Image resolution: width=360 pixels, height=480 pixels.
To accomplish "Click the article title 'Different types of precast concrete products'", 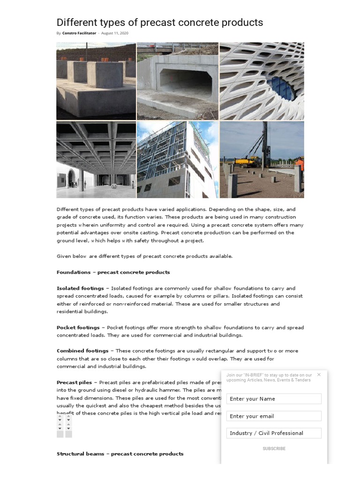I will coord(159,22).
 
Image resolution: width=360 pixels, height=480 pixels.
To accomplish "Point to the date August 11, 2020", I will coord(114,33).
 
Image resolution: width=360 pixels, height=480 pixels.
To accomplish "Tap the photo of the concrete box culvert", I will coord(178,81).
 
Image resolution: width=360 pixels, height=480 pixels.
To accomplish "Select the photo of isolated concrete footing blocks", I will coord(96,81).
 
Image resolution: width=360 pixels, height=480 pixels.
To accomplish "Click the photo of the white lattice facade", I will coord(262,81).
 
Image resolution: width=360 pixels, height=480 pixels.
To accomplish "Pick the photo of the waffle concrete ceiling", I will coord(96,159).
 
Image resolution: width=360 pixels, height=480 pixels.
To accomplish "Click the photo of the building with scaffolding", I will coord(178,159).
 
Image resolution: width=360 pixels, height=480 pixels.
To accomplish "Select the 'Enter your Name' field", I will coord(274,399).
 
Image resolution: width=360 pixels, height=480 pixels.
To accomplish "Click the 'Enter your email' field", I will coord(274,416).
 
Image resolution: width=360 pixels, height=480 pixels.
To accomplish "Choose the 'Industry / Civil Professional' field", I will coord(274,433).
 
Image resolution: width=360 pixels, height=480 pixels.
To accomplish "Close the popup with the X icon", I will coord(319,375).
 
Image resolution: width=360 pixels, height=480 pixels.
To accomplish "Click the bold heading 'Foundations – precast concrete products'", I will coord(113,272).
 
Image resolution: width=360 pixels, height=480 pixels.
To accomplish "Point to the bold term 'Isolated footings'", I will coord(80,288).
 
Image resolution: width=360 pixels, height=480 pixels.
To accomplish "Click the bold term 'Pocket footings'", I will coord(78,328).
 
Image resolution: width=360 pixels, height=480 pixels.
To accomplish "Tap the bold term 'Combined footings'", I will coord(82,351).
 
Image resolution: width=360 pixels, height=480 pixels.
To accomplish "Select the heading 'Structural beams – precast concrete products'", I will coord(120,454).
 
